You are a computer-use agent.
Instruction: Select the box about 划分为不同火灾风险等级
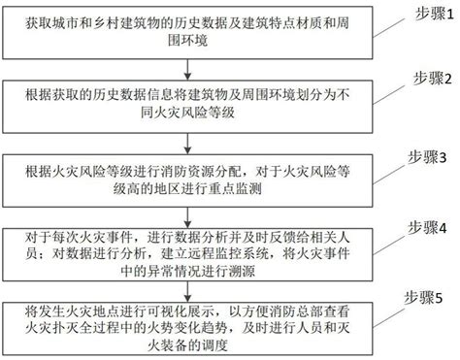[x=189, y=100]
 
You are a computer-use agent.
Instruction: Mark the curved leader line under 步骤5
[x=393, y=313]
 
